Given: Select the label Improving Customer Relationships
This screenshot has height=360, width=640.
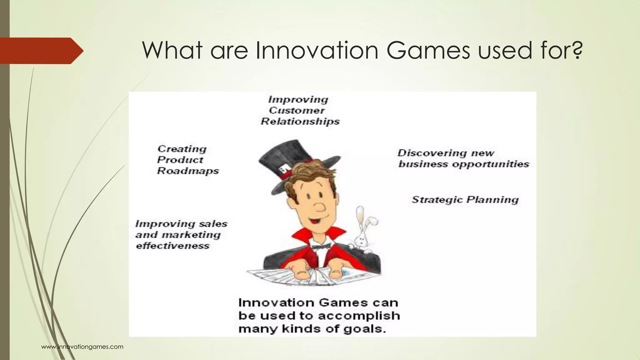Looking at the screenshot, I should pos(300,111).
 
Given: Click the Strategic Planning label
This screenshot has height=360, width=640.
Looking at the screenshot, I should pos(465,200).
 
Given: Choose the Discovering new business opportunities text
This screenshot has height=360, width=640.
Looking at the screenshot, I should pos(463,159).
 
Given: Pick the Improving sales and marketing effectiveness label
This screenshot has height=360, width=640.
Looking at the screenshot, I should pos(181,235).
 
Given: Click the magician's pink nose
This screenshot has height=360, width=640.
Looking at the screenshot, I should pos(319,207).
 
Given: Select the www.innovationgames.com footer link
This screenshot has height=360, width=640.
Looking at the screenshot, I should pos(82,347).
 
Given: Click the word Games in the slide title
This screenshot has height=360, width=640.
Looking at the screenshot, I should pos(428,51).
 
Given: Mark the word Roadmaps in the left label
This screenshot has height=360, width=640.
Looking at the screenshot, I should pos(188,171).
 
